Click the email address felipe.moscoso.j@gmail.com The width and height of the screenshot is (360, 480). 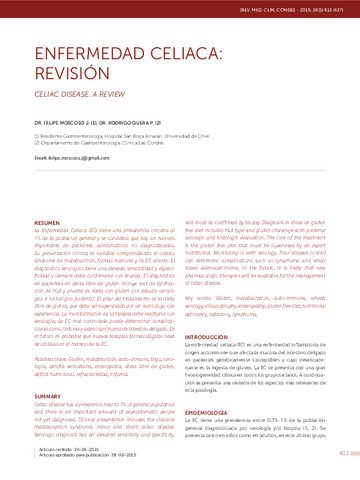click(x=83, y=158)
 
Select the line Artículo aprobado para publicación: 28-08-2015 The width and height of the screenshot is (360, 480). click(x=100, y=458)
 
